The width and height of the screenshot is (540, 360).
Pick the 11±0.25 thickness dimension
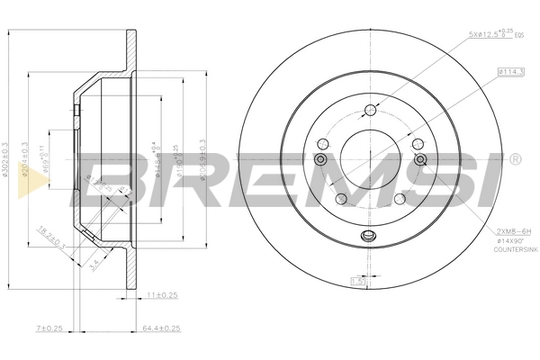click(161, 292)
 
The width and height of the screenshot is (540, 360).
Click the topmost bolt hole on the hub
click(369, 112)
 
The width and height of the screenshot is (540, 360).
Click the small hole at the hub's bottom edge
click(367, 237)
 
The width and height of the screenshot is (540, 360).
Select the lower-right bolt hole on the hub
click(398, 198)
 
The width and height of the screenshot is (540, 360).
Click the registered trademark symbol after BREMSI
click(514, 159)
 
